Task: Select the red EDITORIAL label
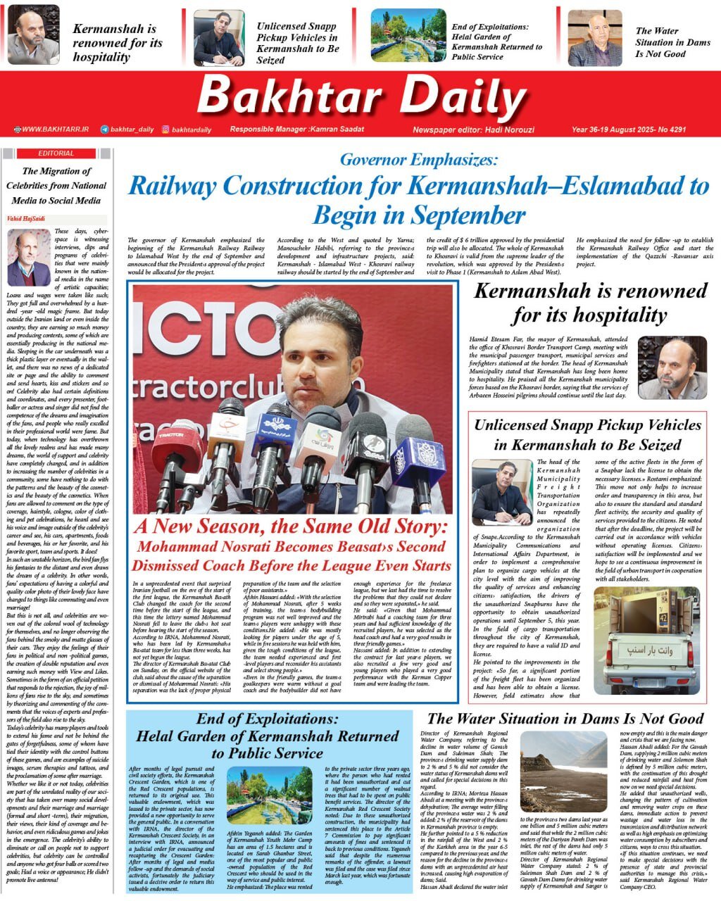pyautogui.click(x=56, y=153)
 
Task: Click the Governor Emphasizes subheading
pyautogui.click(x=419, y=160)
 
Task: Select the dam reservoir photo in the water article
pyautogui.click(x=563, y=771)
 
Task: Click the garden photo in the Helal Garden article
pyautogui.click(x=274, y=797)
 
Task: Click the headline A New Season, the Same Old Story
pyautogui.click(x=291, y=526)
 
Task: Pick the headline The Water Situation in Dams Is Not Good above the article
pyautogui.click(x=565, y=719)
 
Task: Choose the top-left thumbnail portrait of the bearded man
pyautogui.click(x=33, y=35)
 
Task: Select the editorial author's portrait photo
pyautogui.click(x=29, y=258)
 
